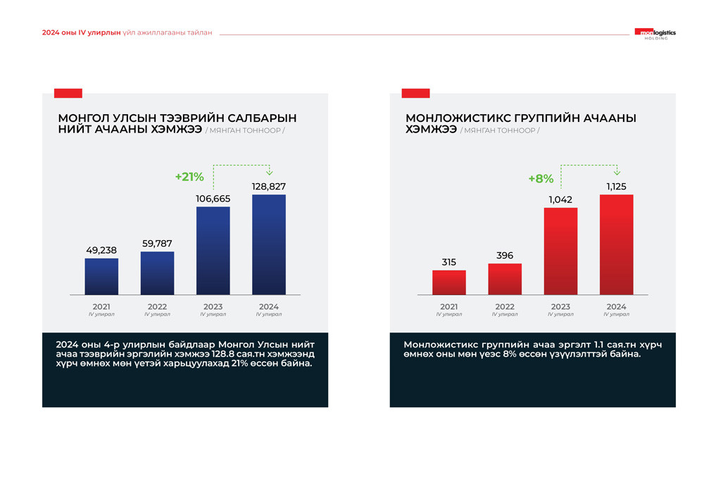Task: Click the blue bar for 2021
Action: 101,276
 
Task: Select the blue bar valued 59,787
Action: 157,273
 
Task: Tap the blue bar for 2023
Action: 213,250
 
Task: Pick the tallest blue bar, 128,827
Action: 269,244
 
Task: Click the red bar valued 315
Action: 449,282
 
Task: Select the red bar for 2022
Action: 505,279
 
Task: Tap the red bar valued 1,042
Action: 560,251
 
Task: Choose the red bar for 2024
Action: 616,244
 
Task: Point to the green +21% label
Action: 189,177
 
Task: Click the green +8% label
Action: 541,179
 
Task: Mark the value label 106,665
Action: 213,199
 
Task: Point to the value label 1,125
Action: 616,187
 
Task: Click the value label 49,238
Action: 101,250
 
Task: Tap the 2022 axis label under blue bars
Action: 157,307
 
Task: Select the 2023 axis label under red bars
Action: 560,307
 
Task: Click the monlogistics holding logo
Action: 655,33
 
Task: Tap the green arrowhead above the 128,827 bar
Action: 269,172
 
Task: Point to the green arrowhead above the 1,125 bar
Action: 616,172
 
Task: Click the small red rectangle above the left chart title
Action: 68,93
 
